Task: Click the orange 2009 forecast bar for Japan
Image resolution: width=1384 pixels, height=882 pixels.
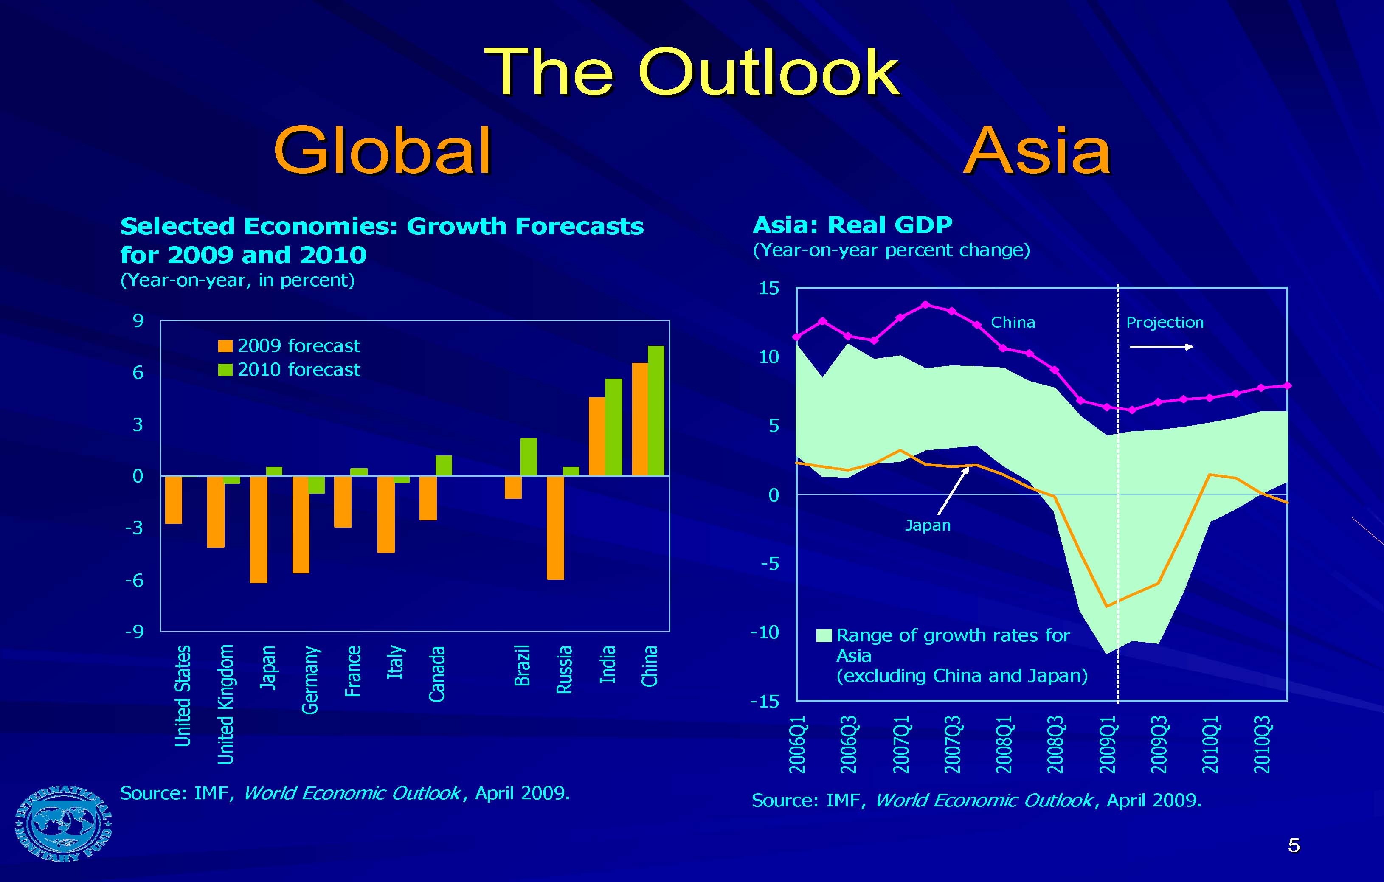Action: coord(258,529)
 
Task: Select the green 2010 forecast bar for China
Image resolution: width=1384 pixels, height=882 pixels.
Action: coord(656,411)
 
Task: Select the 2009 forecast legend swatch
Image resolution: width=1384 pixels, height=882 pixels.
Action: coord(225,346)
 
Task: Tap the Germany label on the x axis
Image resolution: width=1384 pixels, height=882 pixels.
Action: coord(310,680)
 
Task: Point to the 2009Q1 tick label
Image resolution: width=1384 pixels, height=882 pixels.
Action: coord(1108,744)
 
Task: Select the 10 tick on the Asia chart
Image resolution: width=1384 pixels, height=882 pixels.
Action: coord(768,357)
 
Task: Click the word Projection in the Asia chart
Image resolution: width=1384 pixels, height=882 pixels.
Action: coord(1165,322)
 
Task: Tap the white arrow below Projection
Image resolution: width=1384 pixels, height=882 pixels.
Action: coord(1161,346)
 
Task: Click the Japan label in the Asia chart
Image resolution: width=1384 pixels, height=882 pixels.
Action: coord(927,525)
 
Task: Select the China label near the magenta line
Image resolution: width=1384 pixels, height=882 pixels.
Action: coord(1013,322)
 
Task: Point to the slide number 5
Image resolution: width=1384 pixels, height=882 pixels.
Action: coord(1294,845)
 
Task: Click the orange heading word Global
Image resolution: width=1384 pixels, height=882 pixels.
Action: coord(382,151)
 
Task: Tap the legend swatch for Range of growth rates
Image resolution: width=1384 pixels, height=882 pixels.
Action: coord(824,635)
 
